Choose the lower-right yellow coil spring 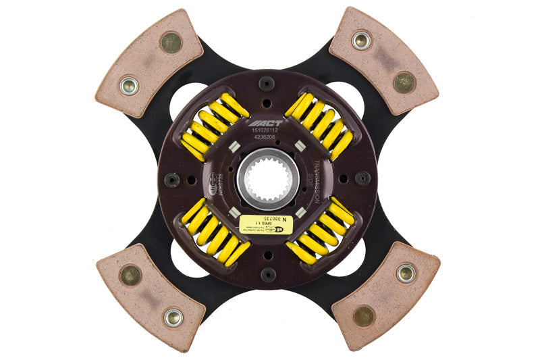click(x=321, y=231)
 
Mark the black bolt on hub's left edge click(x=173, y=180)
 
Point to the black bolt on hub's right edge click(x=363, y=178)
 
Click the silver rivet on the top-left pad click(x=129, y=85)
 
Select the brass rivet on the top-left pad click(x=171, y=43)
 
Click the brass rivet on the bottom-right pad click(x=364, y=315)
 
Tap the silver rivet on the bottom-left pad click(x=173, y=317)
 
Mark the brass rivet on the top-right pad click(x=405, y=82)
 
